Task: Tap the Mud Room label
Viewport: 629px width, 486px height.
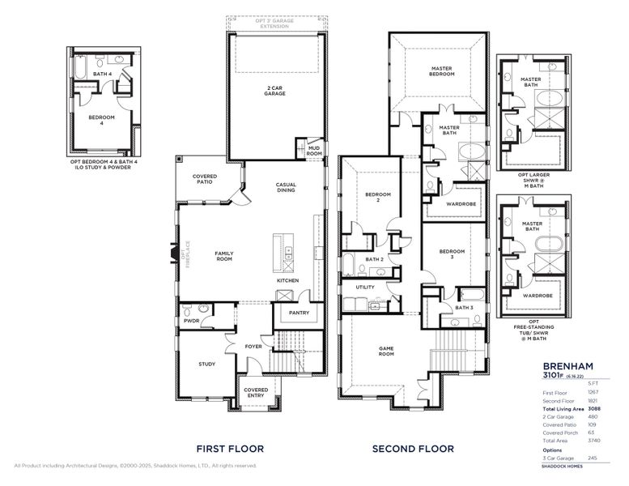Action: point(314,150)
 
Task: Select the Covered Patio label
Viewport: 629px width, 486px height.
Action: point(203,179)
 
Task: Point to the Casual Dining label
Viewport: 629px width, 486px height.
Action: point(285,186)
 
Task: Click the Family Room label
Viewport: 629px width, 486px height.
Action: point(224,256)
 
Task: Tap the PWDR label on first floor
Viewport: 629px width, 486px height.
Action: point(192,321)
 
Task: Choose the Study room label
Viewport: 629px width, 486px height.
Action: point(206,364)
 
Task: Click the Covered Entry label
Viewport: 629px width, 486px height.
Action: point(256,393)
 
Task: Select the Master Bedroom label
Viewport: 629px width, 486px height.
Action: point(441,70)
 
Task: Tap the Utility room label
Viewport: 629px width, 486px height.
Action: point(364,288)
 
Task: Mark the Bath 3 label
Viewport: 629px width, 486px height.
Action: point(464,308)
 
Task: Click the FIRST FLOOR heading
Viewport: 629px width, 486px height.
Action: point(231,448)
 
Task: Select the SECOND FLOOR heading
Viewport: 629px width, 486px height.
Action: point(413,448)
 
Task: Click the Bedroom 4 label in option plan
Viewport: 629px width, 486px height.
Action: point(101,120)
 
